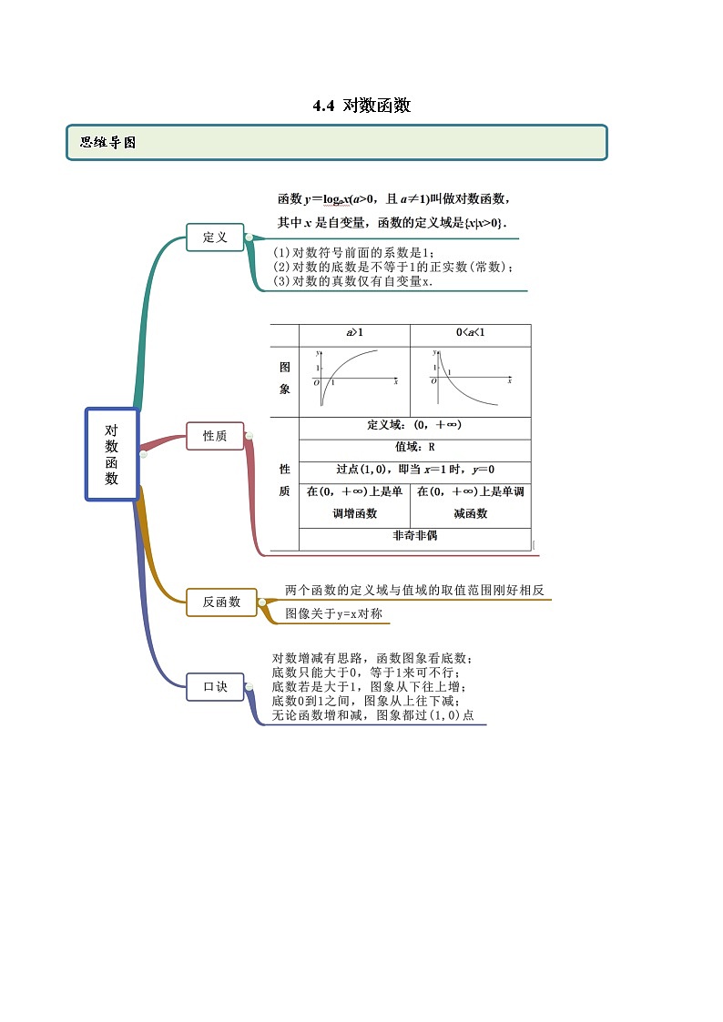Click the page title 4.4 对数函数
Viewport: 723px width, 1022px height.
(x=361, y=106)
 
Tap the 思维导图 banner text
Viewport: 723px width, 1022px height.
(x=108, y=143)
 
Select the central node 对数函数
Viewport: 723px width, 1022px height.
(x=111, y=454)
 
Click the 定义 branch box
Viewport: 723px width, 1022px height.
(x=215, y=238)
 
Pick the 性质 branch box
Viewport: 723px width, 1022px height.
(x=215, y=436)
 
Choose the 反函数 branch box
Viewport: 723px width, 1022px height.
(x=221, y=602)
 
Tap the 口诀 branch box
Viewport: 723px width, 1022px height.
(x=215, y=686)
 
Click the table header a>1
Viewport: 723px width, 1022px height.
(x=354, y=334)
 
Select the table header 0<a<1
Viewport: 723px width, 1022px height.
(x=470, y=334)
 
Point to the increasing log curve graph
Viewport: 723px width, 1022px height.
(x=355, y=380)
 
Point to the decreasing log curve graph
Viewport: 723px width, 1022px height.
(x=470, y=380)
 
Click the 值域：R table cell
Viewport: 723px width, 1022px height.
(x=414, y=448)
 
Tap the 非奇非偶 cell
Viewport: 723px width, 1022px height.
(x=414, y=536)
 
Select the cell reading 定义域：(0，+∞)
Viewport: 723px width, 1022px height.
(x=414, y=425)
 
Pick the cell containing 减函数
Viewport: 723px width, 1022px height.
(x=470, y=513)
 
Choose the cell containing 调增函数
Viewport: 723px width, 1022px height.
(x=354, y=513)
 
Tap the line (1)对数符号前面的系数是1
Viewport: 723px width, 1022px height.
(x=356, y=252)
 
